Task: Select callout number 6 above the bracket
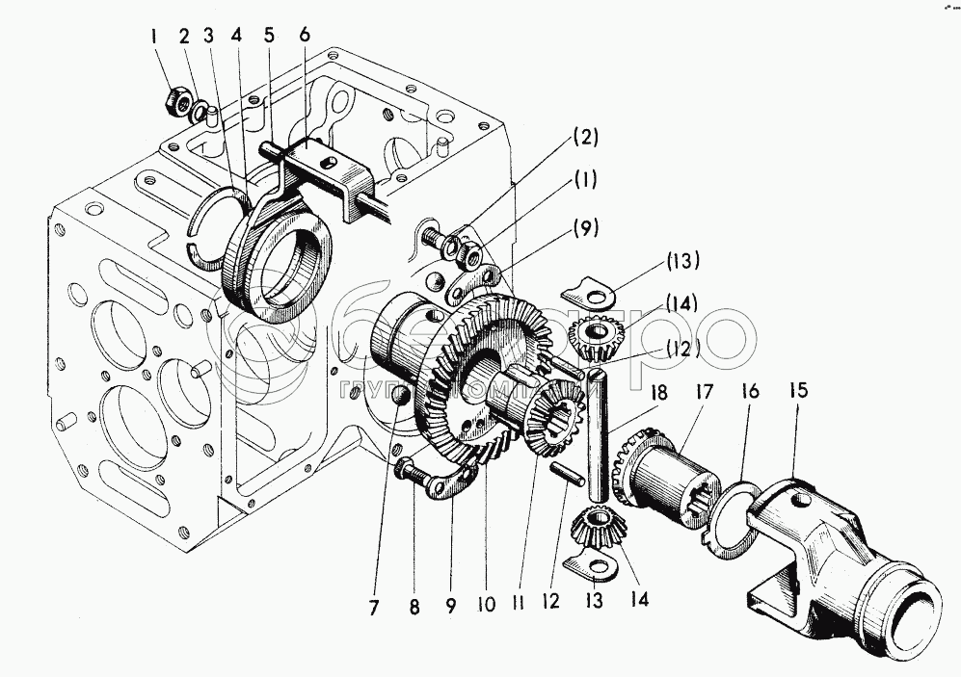point(305,34)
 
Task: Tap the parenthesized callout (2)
point(586,138)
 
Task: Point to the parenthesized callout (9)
point(586,228)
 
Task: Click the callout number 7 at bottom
point(374,607)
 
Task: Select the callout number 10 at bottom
point(485,607)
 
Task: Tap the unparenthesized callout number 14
point(639,599)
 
